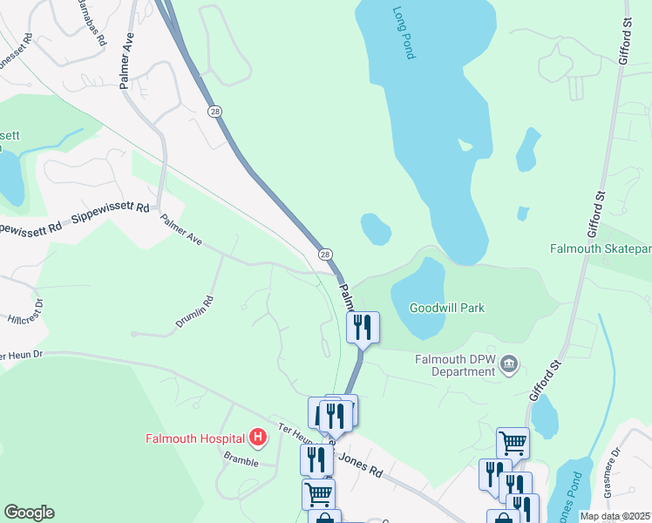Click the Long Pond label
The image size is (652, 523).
click(x=403, y=34)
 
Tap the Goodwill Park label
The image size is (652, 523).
click(x=447, y=308)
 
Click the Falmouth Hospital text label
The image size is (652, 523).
click(x=196, y=438)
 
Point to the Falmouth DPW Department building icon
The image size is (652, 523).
click(x=511, y=364)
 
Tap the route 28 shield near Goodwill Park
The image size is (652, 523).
click(x=325, y=254)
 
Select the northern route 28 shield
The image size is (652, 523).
click(x=214, y=112)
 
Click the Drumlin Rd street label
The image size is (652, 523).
click(x=194, y=311)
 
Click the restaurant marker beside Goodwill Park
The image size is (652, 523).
click(x=363, y=328)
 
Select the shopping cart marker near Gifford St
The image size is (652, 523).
click(x=513, y=444)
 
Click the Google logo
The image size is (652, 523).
click(x=29, y=513)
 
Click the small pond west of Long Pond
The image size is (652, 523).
click(x=376, y=228)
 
